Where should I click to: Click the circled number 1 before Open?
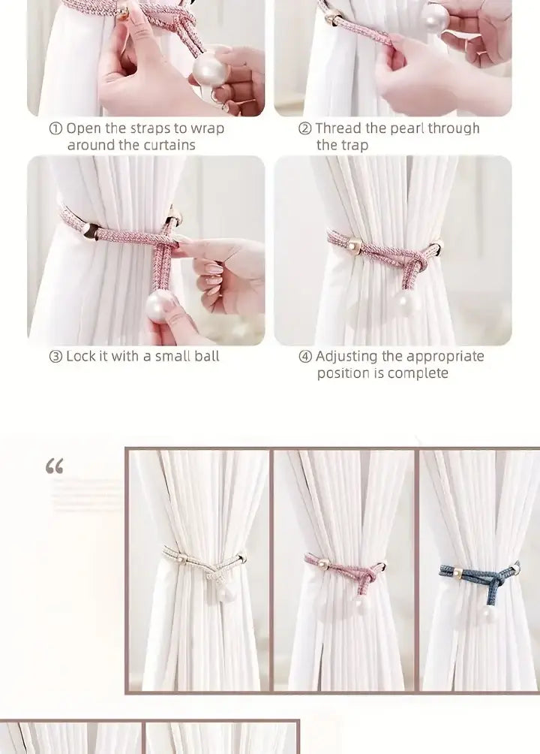coord(55,128)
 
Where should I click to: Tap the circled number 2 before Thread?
coord(305,128)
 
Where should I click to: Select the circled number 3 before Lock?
coord(55,356)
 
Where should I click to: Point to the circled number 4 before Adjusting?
coord(305,356)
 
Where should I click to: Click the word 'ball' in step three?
coord(206,356)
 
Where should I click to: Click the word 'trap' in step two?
coord(355,146)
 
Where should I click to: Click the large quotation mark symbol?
coord(54,466)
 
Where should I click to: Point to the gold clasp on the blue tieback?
coord(457,573)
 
